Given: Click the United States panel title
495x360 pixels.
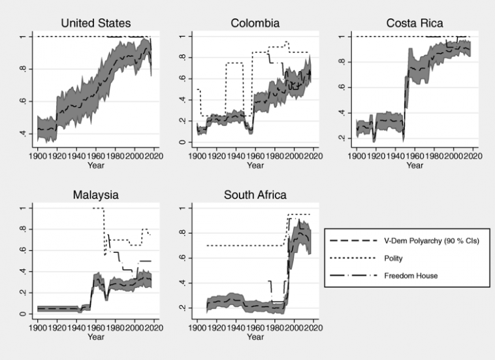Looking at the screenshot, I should [x=95, y=24].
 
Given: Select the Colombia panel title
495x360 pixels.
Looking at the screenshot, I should [x=255, y=24].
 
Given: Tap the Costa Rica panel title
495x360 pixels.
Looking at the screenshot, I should [x=415, y=24].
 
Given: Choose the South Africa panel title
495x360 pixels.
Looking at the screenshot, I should [x=255, y=195].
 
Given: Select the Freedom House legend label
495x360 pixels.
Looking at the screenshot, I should [x=397, y=276].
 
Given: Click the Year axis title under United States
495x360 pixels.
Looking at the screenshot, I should [x=95, y=165].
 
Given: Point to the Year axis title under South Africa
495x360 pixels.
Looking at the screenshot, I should [x=255, y=336].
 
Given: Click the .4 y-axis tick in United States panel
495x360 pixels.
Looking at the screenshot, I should [x=22, y=134].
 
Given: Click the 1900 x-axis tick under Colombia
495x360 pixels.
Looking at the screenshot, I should [x=197, y=156].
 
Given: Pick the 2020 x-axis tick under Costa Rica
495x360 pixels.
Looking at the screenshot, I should [x=473, y=156].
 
